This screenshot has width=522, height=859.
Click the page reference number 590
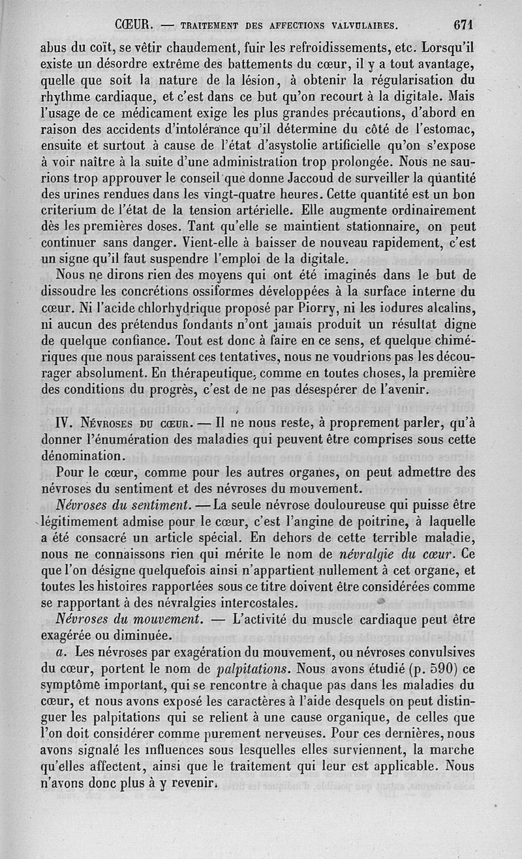433,667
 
